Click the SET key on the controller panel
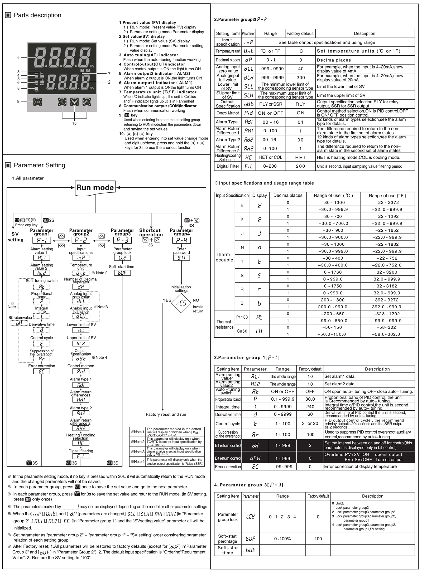pos(38,102)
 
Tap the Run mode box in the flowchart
pos(95,188)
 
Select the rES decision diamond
pos(181,303)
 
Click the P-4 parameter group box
pos(181,240)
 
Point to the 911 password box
pos(181,258)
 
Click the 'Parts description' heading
pos(37,15)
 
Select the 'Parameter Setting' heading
pos(39,165)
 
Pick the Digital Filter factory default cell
pos(300,166)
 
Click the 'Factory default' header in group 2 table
pos(300,33)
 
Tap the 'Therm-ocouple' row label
pos(224,257)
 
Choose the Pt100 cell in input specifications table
pos(242,317)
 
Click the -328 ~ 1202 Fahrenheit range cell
pos(387,314)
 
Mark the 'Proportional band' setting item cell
pos(228,399)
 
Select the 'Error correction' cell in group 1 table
pos(228,467)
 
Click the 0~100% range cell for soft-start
pos(282,539)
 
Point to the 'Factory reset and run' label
pos(166,415)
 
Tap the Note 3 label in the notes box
pos(138,452)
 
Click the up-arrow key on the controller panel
pos(87,102)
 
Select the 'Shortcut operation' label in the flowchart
pos(151,232)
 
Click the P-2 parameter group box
pos(81,240)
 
